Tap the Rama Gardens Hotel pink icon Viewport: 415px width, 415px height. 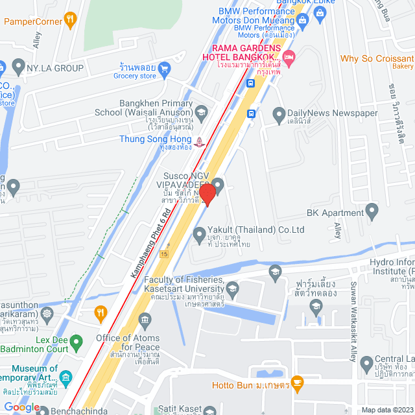(x=289, y=57)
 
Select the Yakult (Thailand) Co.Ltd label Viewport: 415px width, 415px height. (x=257, y=230)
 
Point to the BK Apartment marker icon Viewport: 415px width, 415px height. (x=372, y=210)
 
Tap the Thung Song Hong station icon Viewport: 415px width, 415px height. (x=200, y=141)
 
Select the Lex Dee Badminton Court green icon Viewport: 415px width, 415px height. (x=77, y=341)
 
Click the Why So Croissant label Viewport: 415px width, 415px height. (x=377, y=58)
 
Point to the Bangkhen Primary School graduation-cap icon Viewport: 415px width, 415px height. (x=201, y=113)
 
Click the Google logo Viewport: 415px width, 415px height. (x=22, y=407)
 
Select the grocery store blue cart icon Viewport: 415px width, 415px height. (x=164, y=67)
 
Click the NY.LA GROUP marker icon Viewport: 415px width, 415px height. (x=18, y=67)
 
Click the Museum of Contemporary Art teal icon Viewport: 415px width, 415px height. (x=65, y=377)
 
